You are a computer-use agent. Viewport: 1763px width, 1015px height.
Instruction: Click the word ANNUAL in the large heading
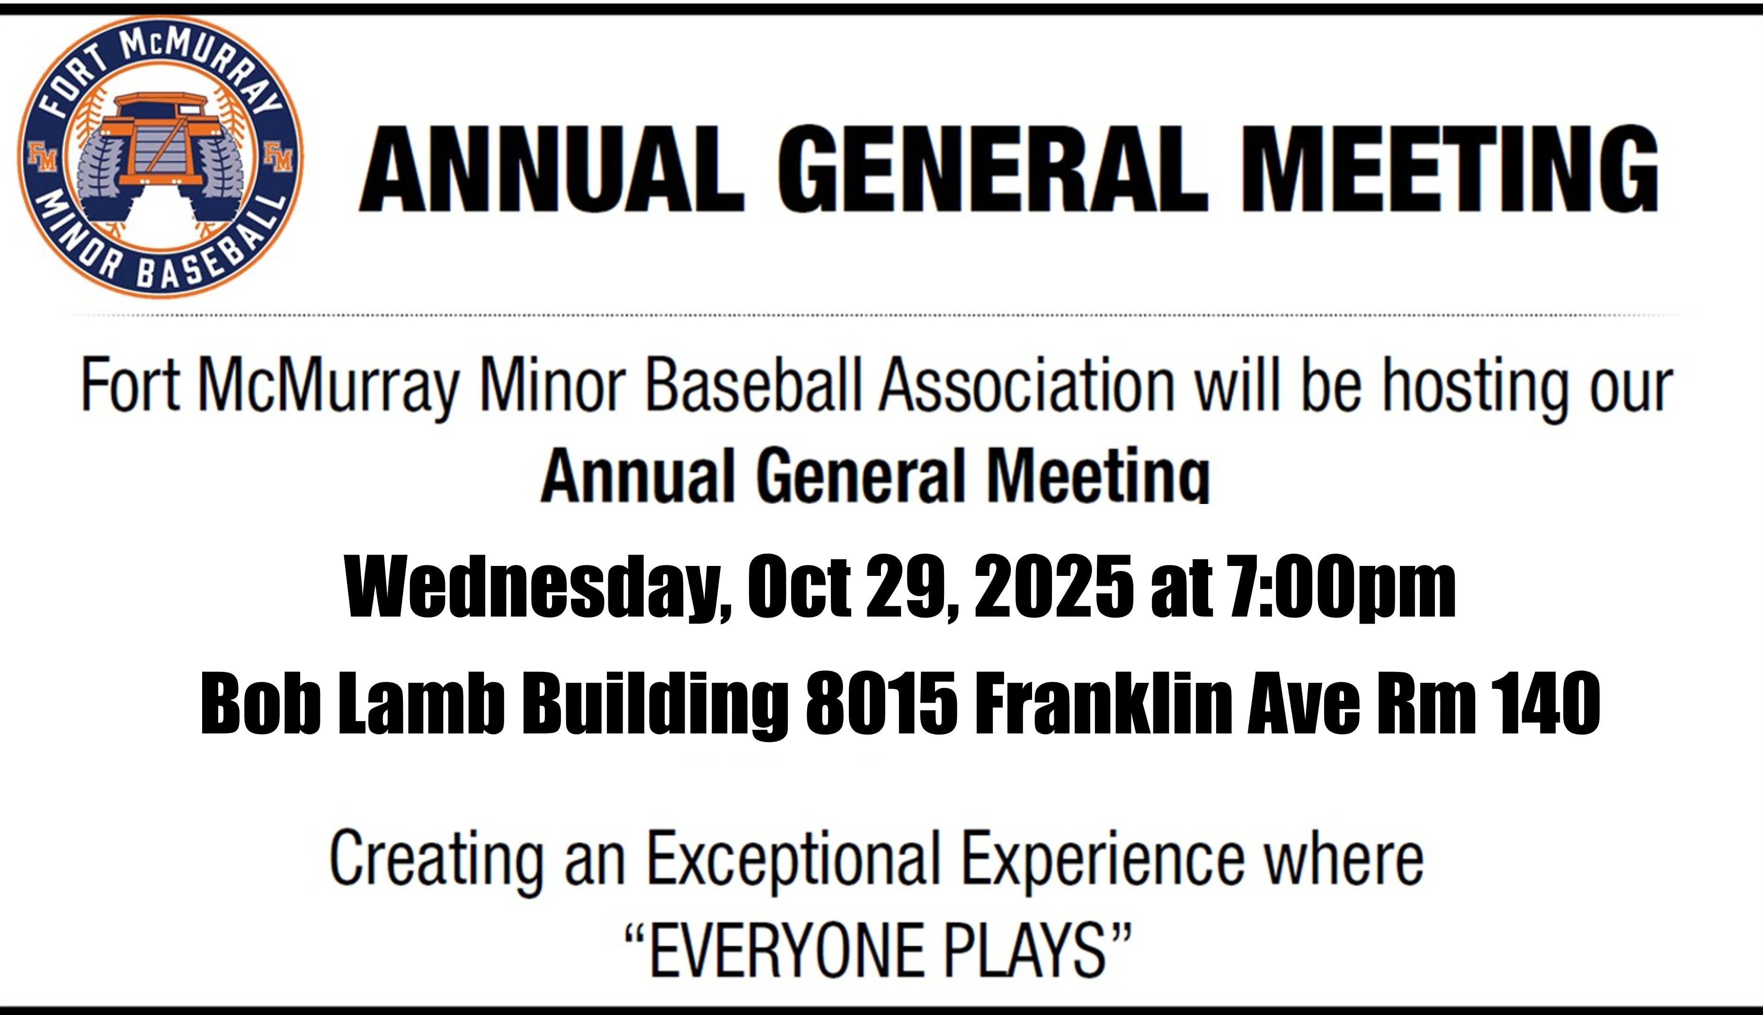tap(552, 169)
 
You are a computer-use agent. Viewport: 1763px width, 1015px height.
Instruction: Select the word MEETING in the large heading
tap(1449, 169)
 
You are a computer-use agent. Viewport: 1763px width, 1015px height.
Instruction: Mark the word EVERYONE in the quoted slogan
tap(787, 950)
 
